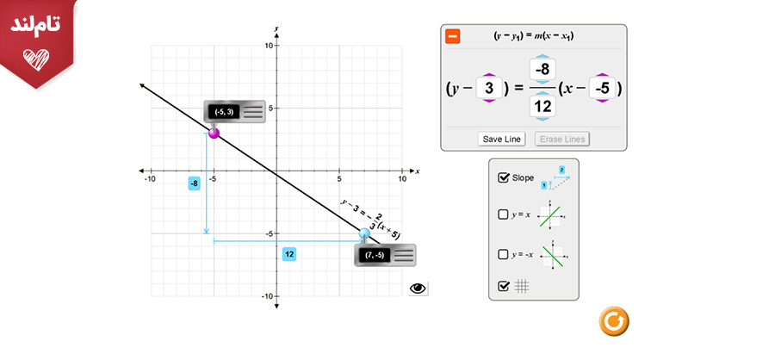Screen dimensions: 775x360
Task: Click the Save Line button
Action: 502,139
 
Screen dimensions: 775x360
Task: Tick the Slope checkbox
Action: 503,177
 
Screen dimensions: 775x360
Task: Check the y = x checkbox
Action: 503,214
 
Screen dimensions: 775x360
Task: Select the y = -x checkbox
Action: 503,255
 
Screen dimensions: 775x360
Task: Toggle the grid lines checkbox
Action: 503,286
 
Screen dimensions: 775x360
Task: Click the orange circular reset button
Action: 614,321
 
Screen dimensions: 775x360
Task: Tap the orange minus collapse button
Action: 453,36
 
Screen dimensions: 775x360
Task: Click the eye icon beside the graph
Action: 418,289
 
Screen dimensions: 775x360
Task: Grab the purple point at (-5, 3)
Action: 214,133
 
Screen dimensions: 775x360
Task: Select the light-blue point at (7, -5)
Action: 364,233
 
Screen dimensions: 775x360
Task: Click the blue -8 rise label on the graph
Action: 195,184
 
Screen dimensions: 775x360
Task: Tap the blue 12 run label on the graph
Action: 289,254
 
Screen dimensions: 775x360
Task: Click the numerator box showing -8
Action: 542,69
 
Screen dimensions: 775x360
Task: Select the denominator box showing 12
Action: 542,106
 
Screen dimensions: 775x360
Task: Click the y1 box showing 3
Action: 489,88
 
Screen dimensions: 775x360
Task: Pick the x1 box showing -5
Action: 602,88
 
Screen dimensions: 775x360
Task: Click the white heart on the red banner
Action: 36,59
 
